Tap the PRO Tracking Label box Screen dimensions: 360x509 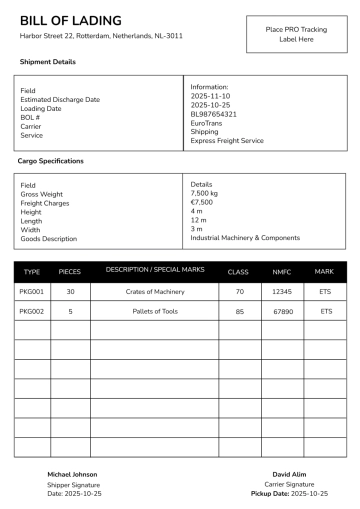[296, 35]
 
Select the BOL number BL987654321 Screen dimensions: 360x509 [213, 114]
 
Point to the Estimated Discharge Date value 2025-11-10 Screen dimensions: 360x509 [210, 96]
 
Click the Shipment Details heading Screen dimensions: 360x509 [47, 62]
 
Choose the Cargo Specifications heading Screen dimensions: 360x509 [51, 161]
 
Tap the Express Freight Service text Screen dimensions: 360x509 [227, 141]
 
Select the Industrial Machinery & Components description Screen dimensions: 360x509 [245, 238]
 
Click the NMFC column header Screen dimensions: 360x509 [282, 272]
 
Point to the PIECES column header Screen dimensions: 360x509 [70, 272]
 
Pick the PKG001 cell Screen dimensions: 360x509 [32, 292]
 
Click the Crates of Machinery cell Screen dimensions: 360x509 [155, 292]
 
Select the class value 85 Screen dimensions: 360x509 [239, 311]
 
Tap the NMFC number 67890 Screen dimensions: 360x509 [282, 311]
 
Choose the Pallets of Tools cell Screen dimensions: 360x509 [155, 311]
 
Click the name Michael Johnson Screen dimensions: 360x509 [72, 474]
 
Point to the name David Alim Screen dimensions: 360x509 [289, 474]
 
